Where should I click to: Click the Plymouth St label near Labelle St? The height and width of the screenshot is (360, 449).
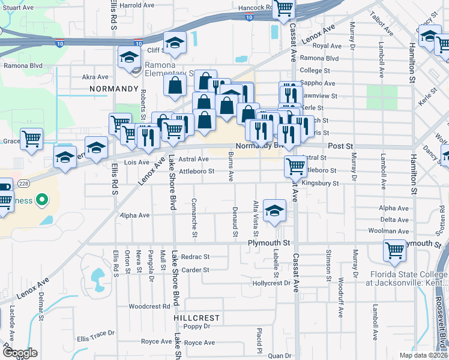(x=269, y=243)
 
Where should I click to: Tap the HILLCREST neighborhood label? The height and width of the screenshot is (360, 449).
(x=197, y=317)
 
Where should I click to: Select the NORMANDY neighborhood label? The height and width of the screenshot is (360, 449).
(x=113, y=88)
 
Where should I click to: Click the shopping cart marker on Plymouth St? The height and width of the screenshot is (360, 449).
(x=394, y=251)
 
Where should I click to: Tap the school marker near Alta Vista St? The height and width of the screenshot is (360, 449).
(x=274, y=211)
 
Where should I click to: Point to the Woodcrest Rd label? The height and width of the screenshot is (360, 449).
(x=149, y=306)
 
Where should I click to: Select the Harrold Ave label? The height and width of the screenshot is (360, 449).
(x=138, y=5)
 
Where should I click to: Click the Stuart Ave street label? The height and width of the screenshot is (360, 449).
(x=17, y=8)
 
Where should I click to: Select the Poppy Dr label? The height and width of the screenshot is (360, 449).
(x=197, y=326)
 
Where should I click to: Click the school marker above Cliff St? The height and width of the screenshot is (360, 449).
(x=175, y=43)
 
